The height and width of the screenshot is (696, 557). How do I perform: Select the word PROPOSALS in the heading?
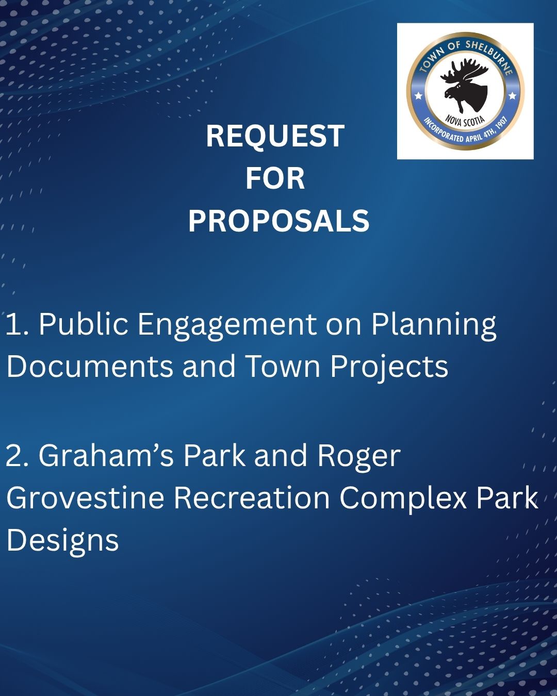click(278, 221)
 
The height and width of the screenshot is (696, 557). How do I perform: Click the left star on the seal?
click(419, 95)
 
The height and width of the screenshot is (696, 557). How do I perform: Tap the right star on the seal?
click(512, 95)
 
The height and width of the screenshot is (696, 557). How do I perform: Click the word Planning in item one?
click(433, 325)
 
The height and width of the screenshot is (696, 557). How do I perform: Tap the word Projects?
click(389, 368)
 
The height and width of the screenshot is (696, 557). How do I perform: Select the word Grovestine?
click(85, 498)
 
